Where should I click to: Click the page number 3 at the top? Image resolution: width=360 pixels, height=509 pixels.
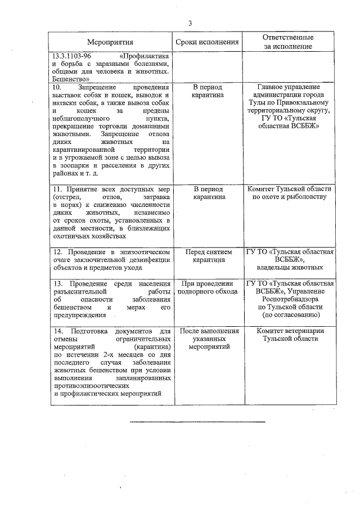190,23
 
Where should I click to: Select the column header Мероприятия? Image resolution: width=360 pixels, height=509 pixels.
110,42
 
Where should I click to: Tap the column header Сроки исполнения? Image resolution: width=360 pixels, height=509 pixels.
207,42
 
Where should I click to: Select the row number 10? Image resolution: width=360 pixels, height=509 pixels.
57,88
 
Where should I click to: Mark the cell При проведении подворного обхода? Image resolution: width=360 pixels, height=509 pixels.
207,287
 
